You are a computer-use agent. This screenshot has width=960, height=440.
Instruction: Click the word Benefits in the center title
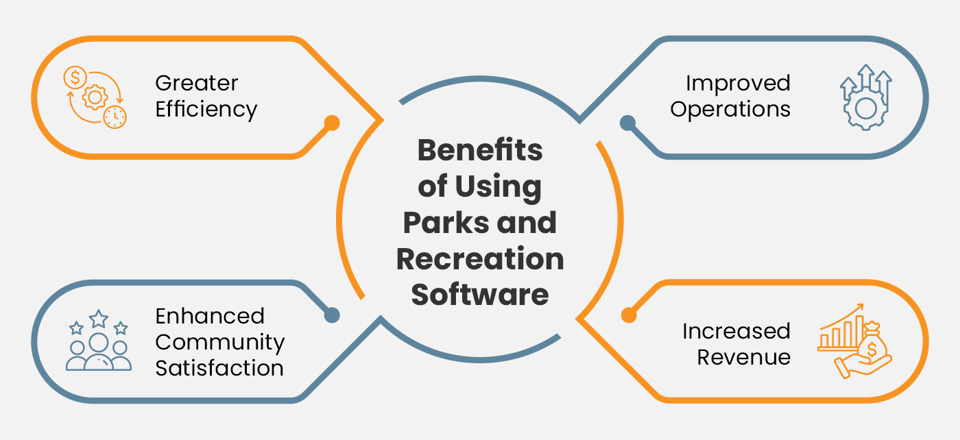coord(480,150)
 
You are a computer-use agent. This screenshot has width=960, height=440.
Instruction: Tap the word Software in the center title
coord(480,294)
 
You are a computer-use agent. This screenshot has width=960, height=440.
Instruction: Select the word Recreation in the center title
coord(480,258)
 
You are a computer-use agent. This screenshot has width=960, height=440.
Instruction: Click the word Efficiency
coord(206,109)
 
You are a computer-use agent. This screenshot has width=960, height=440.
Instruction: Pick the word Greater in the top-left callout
coord(197,83)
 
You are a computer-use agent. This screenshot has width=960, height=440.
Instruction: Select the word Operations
coord(730,109)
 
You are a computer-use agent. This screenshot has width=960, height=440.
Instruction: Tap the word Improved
coord(738,83)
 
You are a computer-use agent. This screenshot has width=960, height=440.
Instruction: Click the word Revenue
coord(743,356)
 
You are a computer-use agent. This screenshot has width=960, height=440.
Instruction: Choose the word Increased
coord(736,331)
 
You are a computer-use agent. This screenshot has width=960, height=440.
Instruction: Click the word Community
coord(219,341)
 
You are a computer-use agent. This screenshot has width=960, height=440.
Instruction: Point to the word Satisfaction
coord(219,367)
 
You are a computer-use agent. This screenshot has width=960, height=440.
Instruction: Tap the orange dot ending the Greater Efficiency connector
coord(331,123)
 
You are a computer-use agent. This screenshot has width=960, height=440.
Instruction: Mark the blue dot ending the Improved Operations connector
coord(627,123)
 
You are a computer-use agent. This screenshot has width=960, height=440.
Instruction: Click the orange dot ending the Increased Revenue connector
coord(627,315)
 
